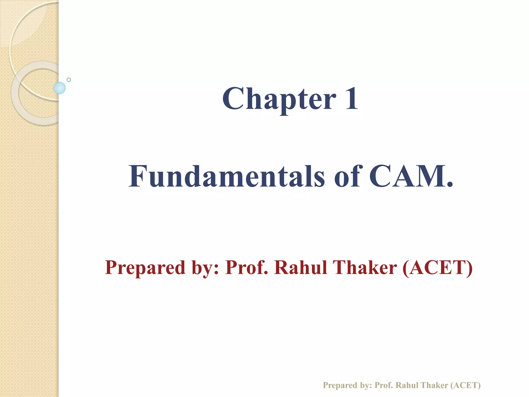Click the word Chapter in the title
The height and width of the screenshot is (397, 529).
coord(279,99)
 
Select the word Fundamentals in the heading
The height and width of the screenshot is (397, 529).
coord(227,176)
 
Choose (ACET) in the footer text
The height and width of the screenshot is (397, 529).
coord(466,378)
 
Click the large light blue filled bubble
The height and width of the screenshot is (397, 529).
coord(59,88)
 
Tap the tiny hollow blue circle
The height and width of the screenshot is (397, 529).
coord(69,80)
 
